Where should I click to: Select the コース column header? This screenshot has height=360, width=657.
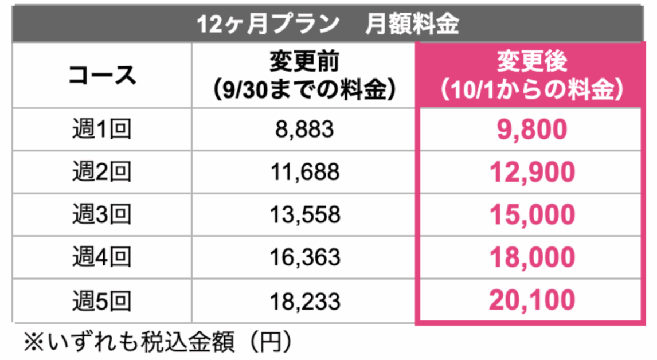pos(102,75)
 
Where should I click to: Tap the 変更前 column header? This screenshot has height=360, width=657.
pos(304,75)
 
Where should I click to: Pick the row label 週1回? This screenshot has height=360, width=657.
pos(102,130)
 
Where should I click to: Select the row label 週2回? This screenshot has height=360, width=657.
pos(102,172)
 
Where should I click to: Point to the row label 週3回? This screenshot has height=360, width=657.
pos(102,215)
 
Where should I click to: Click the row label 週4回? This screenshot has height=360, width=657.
pos(102,257)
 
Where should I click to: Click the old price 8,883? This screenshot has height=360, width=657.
pos(304,130)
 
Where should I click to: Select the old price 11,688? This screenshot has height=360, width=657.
pos(304,172)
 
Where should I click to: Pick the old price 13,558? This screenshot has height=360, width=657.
pos(304,215)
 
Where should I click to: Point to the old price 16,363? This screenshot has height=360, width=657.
pos(304,257)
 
